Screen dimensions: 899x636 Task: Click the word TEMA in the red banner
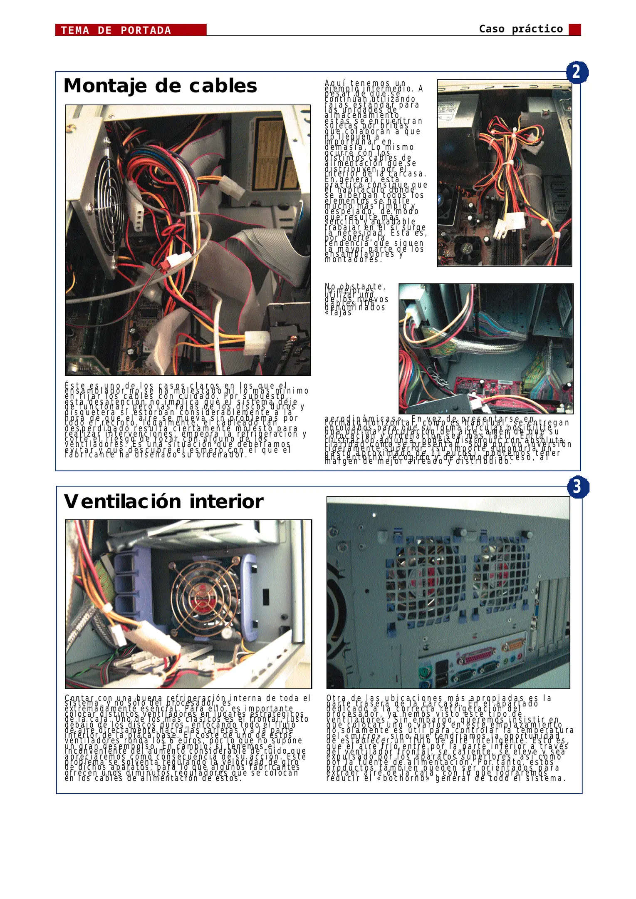pyautogui.click(x=75, y=30)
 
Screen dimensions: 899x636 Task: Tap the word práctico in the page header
pyautogui.click(x=537, y=29)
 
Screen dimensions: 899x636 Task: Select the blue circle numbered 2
pyautogui.click(x=577, y=72)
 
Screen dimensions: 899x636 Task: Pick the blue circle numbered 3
pyautogui.click(x=578, y=487)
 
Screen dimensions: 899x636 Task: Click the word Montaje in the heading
pyautogui.click(x=105, y=86)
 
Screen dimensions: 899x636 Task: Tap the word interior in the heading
pyautogui.click(x=226, y=502)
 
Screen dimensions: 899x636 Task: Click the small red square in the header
pyautogui.click(x=574, y=30)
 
